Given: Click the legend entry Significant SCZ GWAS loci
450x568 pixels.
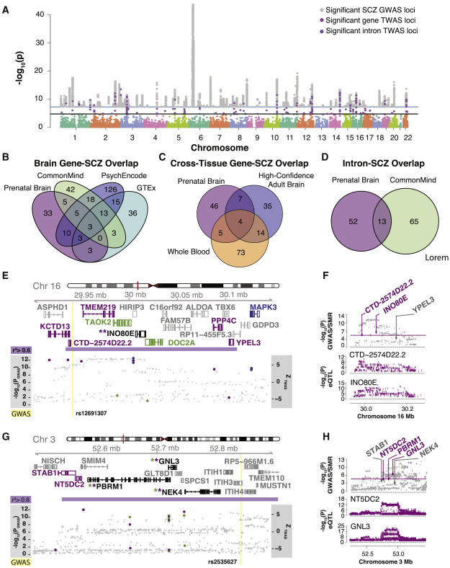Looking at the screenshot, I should (382, 8).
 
